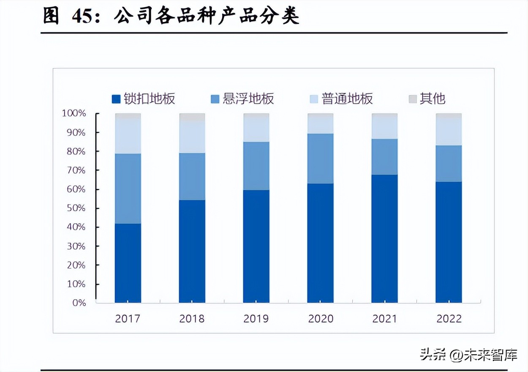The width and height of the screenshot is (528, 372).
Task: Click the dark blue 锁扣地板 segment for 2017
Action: pyautogui.click(x=128, y=263)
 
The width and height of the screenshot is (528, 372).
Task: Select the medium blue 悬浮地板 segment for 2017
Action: pyautogui.click(x=128, y=189)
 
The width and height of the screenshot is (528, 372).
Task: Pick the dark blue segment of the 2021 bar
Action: pyautogui.click(x=384, y=238)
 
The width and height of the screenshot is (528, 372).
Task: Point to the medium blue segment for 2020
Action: pyautogui.click(x=320, y=159)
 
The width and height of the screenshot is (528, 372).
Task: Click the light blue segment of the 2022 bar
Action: pyautogui.click(x=449, y=131)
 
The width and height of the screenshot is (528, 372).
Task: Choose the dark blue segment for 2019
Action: pyautogui.click(x=256, y=246)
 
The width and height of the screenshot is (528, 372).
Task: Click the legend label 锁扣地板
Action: pyautogui.click(x=150, y=99)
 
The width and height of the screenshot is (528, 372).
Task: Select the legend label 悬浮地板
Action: pyautogui.click(x=248, y=99)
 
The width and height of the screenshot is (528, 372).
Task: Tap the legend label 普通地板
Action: pyautogui.click(x=347, y=99)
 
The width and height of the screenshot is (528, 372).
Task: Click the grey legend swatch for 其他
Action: pyautogui.click(x=413, y=99)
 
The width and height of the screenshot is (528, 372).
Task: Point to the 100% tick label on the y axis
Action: pyautogui.click(x=74, y=113)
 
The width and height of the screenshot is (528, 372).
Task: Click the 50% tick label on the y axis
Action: pyautogui.click(x=76, y=208)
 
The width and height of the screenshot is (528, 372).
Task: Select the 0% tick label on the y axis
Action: pyautogui.click(x=79, y=303)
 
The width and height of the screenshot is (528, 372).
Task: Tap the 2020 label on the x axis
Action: pyautogui.click(x=321, y=318)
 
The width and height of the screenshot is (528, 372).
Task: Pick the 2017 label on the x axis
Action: pyautogui.click(x=128, y=318)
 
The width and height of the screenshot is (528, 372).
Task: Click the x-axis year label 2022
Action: pyautogui.click(x=449, y=318)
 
